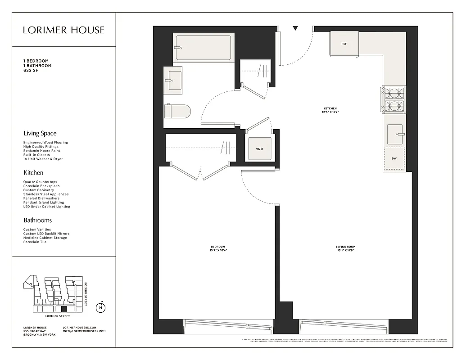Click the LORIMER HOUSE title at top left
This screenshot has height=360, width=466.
63,30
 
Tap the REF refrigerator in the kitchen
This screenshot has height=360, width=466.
344,44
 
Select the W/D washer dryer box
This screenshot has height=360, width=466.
259,148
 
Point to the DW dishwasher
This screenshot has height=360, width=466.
394,158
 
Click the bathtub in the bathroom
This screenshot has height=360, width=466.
204,48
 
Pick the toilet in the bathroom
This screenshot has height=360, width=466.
177,111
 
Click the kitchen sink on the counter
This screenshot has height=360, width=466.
395,134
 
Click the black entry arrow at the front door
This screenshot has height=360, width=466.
295,28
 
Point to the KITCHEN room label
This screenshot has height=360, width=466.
330,108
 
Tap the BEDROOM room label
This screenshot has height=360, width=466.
217,247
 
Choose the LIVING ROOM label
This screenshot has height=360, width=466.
345,247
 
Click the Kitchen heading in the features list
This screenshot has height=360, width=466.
33,172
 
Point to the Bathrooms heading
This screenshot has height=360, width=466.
37,220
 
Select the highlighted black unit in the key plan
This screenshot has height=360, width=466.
64,309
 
